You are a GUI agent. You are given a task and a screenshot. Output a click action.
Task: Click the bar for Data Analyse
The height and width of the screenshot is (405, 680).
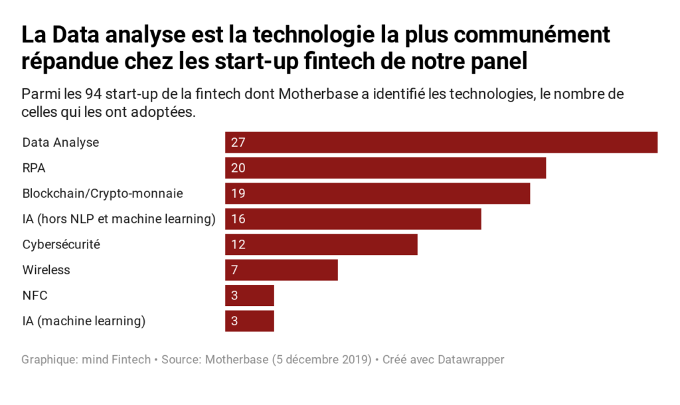[441, 143]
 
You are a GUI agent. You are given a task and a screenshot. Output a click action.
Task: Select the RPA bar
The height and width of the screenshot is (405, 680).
[385, 168]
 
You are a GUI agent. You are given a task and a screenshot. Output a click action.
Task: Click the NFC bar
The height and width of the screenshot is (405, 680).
[249, 295]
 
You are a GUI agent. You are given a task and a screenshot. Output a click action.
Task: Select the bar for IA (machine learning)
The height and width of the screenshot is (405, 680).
[249, 321]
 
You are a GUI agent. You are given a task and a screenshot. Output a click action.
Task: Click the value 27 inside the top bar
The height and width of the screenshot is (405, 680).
[238, 143]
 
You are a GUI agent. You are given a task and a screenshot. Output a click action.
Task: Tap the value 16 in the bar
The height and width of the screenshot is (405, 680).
[238, 219]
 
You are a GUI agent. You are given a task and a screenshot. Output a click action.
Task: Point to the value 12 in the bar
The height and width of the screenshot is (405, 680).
[238, 244]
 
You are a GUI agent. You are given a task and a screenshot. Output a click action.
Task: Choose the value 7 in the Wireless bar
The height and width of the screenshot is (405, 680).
[234, 270]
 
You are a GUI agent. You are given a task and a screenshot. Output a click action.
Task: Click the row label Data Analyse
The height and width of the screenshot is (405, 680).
[60, 143]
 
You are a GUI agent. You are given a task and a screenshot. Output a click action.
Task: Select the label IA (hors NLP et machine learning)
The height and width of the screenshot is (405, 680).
[119, 219]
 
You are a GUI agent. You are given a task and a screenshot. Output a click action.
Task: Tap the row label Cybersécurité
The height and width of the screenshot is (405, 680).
[61, 244]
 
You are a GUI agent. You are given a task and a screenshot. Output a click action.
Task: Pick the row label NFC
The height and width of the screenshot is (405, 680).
[35, 295]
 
